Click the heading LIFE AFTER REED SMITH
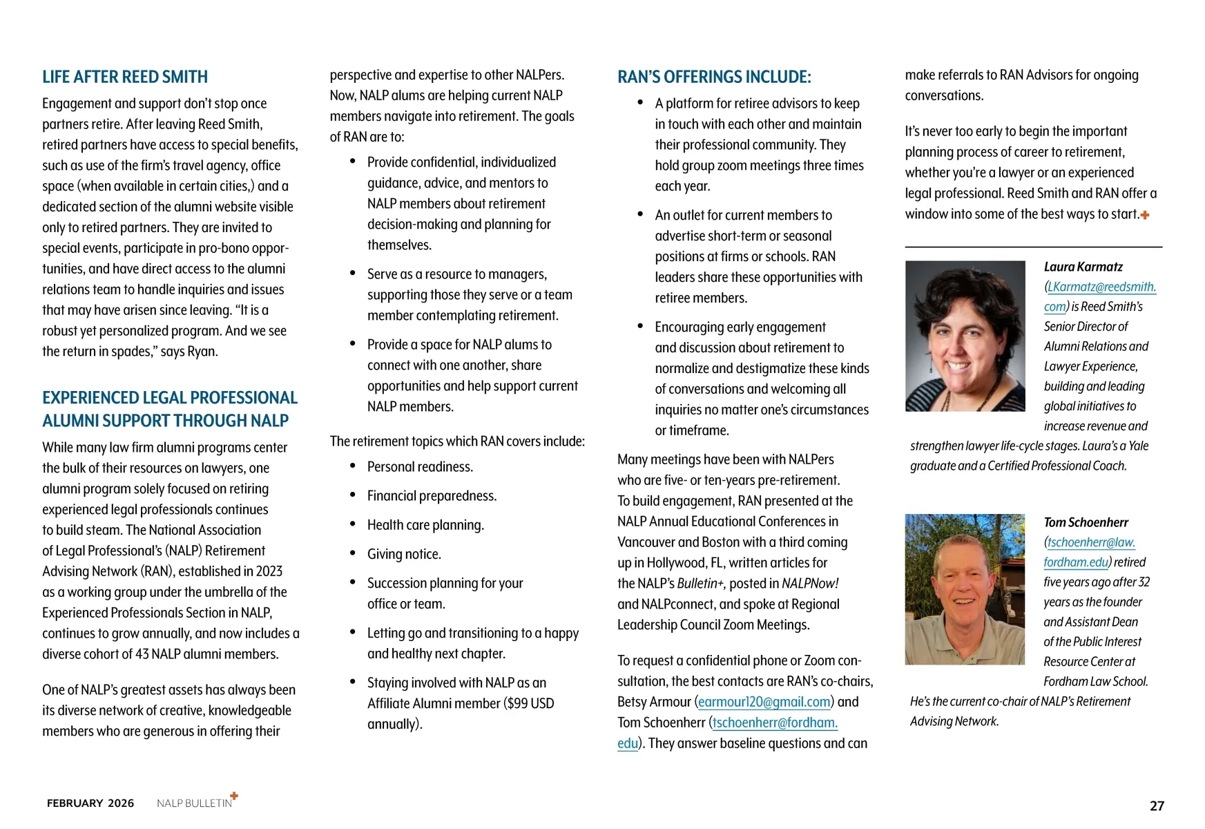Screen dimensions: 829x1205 [x=125, y=77]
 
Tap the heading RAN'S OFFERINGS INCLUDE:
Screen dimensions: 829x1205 [x=714, y=77]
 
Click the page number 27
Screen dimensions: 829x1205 [x=1157, y=806]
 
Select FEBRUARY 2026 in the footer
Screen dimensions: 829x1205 [x=90, y=803]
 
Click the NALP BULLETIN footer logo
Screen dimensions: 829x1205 [x=196, y=802]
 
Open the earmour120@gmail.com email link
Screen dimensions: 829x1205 [x=764, y=702]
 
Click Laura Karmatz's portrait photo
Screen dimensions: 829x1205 [x=965, y=336]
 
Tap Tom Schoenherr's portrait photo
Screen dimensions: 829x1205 [x=965, y=589]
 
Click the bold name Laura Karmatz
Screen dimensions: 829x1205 [x=1083, y=267]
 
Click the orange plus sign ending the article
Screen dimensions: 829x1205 [x=1145, y=215]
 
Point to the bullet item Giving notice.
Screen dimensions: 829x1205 [x=404, y=554]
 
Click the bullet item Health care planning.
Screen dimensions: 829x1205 [x=425, y=525]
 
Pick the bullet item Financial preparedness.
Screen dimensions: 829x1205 [x=432, y=496]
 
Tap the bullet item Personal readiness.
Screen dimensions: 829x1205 [x=420, y=467]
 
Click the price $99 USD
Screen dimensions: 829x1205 [x=530, y=703]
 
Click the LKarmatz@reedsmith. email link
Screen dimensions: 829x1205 [x=1101, y=287]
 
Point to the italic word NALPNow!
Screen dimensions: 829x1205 [x=810, y=584]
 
